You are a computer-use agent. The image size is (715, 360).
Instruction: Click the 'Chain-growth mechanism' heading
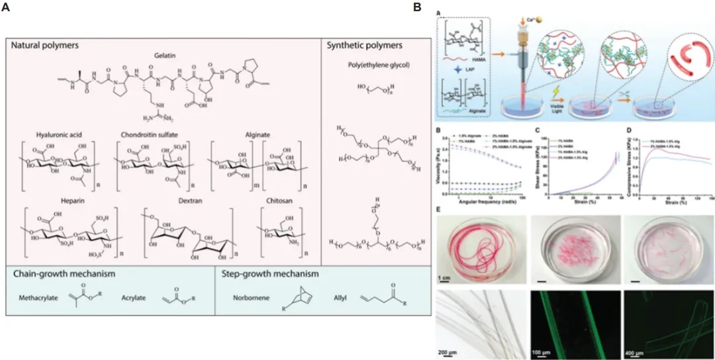coord(60,273)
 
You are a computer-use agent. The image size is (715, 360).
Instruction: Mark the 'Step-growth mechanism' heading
coord(265,273)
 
